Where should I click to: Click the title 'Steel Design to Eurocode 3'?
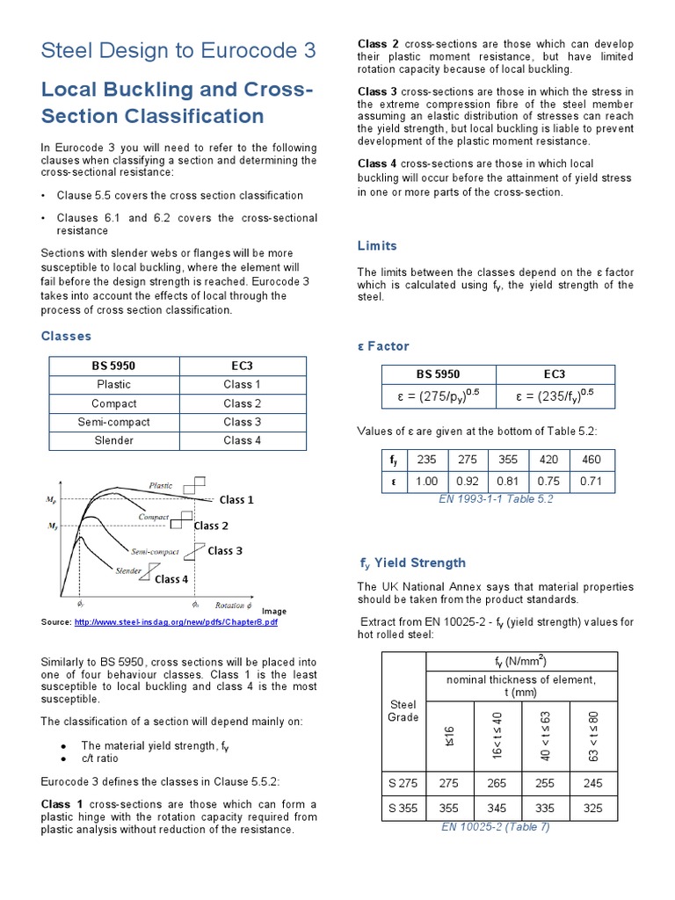coord(178,50)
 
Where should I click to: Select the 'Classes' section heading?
coord(66,337)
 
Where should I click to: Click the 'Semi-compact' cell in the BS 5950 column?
coord(114,422)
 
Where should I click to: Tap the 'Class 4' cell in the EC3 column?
coord(243,440)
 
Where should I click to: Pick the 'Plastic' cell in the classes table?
coord(114,384)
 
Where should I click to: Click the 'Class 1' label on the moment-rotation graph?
coord(236,500)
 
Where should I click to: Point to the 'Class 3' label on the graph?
coord(225,551)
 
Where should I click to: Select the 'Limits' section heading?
coord(377,246)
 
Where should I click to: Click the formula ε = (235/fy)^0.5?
coord(555,396)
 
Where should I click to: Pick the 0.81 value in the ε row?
coord(508,482)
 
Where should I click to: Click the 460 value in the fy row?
coord(592,460)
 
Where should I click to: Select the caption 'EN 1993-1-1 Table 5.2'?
coord(496,499)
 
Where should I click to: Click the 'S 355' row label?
coord(403,808)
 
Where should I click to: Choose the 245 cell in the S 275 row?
coord(593,782)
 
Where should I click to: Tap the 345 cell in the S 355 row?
coord(498,808)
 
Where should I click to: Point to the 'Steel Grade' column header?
coord(403,710)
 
